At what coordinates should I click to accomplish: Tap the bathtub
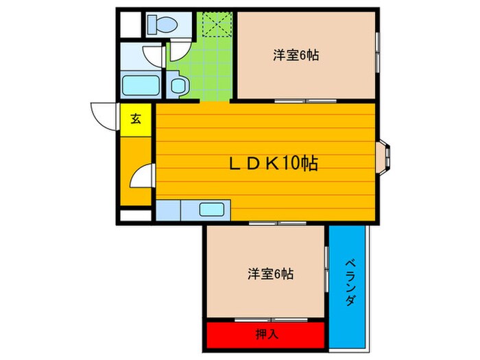[141, 87]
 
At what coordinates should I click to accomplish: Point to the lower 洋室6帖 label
[271, 274]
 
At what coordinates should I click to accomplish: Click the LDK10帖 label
[273, 163]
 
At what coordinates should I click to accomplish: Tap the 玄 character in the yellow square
[136, 119]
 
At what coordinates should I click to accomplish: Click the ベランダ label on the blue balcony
[349, 282]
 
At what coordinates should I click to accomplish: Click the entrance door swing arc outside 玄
[104, 115]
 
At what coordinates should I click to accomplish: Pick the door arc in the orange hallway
[141, 176]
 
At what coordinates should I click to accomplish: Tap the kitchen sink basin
[212, 210]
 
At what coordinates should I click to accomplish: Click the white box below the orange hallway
[135, 215]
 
